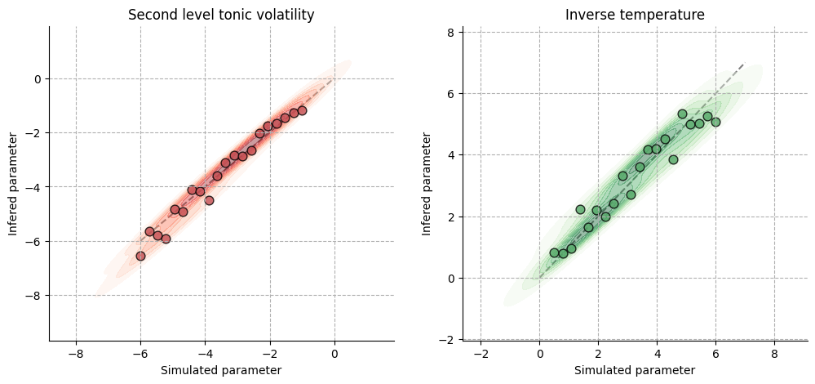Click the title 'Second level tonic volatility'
pyautogui.click(x=221, y=15)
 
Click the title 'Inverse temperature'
pyautogui.click(x=635, y=15)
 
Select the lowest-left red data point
pyautogui.click(x=140, y=256)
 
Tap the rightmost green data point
pyautogui.click(x=715, y=122)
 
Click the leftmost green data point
pyautogui.click(x=554, y=252)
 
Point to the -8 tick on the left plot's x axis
pyautogui.click(x=76, y=353)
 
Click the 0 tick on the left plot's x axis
pyautogui.click(x=334, y=353)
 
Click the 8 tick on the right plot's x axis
pyautogui.click(x=774, y=353)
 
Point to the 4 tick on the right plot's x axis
pyautogui.click(x=657, y=353)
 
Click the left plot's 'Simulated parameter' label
pyautogui.click(x=221, y=370)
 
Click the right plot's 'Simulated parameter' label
pyautogui.click(x=635, y=370)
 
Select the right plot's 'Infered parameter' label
pyautogui.click(x=427, y=183)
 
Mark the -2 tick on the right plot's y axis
pyautogui.click(x=448, y=339)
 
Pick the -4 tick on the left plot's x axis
pyautogui.click(x=205, y=353)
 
